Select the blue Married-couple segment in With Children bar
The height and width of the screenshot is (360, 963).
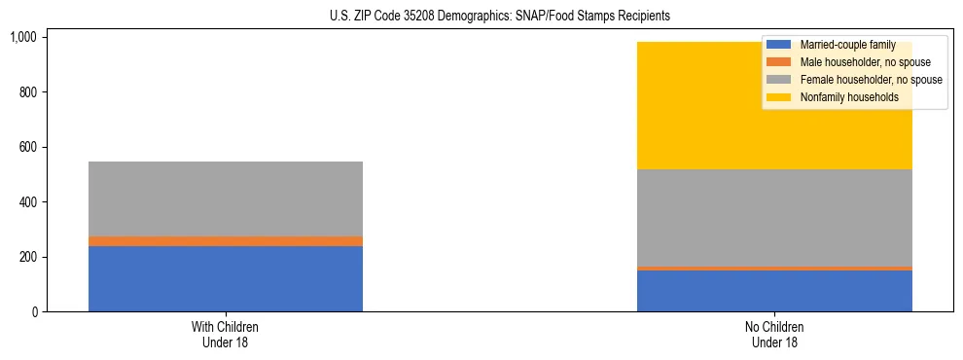(x=225, y=278)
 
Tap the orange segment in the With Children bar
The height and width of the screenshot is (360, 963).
(x=225, y=241)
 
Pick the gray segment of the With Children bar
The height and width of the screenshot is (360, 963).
(x=225, y=198)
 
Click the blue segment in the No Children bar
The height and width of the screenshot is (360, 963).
(x=774, y=291)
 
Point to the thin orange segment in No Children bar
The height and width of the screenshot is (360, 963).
(x=774, y=269)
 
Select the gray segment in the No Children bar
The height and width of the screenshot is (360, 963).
(x=774, y=217)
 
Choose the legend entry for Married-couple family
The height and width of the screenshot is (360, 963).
(x=842, y=45)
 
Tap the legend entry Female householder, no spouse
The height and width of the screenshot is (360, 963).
(x=871, y=80)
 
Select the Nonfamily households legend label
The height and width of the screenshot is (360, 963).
(x=842, y=97)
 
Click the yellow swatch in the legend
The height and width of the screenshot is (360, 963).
(x=779, y=97)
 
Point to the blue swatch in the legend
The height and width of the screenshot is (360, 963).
(x=779, y=45)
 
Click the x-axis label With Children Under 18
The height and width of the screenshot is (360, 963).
(x=225, y=335)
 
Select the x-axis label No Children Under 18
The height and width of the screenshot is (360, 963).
(x=774, y=335)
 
